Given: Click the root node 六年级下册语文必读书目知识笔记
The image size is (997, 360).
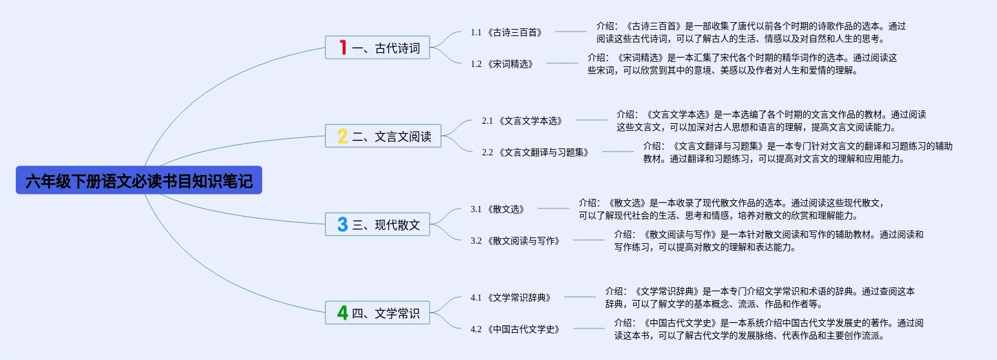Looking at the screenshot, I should point(139,181).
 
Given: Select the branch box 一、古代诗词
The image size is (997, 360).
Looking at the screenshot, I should point(378,47).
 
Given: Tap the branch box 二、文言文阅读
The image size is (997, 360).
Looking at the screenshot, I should point(383,136).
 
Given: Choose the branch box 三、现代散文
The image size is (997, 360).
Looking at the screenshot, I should point(378,224).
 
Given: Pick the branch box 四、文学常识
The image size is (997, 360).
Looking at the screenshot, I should point(378,313).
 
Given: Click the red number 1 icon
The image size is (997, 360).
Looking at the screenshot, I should point(342,47).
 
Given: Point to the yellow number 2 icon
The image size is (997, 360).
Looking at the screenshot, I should point(342,136).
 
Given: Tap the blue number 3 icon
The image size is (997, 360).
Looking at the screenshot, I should point(342,224).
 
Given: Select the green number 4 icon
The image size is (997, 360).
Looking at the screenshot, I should point(342,313).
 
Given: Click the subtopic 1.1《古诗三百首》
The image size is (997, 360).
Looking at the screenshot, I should point(507,32).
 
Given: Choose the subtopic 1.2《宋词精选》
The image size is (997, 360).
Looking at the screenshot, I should point(502,64).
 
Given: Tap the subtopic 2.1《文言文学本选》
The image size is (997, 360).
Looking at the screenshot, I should point(523,121).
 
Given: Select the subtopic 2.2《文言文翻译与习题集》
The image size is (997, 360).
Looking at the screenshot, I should point(536,152).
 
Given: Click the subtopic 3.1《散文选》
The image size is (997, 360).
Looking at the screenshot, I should point(498,209).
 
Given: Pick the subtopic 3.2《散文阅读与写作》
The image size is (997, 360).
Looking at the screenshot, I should point(516,241).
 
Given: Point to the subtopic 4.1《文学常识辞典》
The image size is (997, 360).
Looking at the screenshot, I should point(511,297).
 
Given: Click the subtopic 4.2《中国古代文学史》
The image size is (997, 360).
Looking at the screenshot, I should point(516,329).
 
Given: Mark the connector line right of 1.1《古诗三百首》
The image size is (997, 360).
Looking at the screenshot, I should point(571,32).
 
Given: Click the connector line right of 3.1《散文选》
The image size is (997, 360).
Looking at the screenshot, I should point(553,208).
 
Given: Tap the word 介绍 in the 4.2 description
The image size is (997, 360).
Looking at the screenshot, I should point(624,323).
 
